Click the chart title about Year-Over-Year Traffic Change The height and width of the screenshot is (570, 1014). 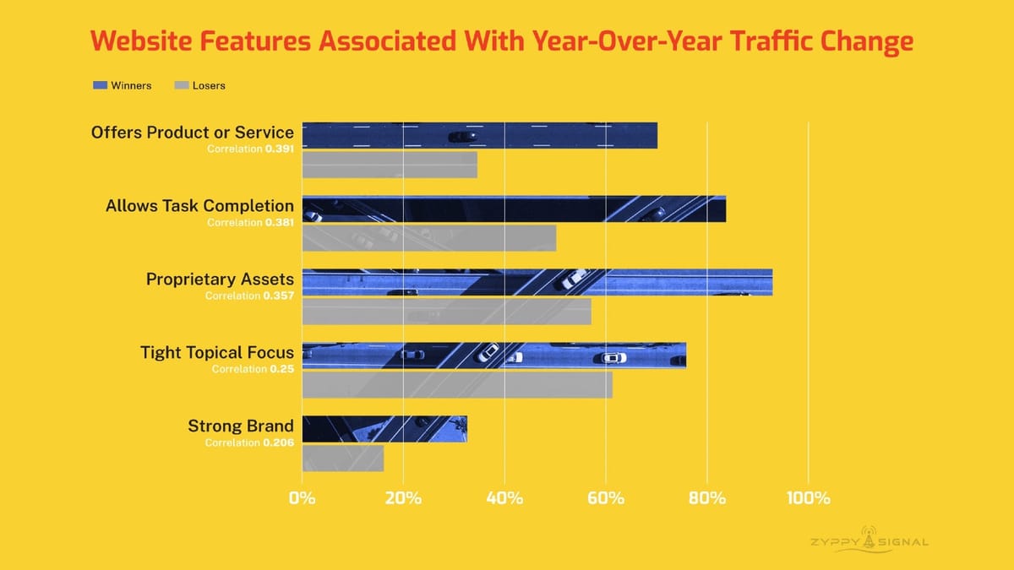tap(503, 41)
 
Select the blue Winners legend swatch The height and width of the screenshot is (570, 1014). tap(100, 85)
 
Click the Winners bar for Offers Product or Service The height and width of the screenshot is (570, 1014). tap(479, 135)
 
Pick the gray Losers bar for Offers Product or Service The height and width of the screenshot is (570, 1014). tap(390, 165)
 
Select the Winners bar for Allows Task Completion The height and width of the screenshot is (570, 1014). tap(514, 209)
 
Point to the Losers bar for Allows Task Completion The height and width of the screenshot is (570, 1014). tap(429, 238)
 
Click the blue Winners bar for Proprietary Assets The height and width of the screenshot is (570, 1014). tap(537, 282)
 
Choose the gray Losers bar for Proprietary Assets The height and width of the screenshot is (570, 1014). tap(446, 312)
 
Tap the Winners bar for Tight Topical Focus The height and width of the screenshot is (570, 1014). tap(493, 356)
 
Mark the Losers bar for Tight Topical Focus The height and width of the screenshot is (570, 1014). tap(457, 385)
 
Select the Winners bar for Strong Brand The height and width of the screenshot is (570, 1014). tap(384, 429)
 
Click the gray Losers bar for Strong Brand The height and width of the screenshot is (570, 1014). tap(343, 459)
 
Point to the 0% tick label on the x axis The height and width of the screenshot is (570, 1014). tap(302, 497)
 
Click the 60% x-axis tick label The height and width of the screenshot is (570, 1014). tap(606, 497)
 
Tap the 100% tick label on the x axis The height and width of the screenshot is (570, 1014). tap(809, 497)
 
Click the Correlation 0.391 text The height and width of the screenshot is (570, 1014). tap(250, 149)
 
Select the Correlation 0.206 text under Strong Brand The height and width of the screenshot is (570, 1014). tap(249, 442)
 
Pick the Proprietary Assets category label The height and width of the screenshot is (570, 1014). tap(220, 280)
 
